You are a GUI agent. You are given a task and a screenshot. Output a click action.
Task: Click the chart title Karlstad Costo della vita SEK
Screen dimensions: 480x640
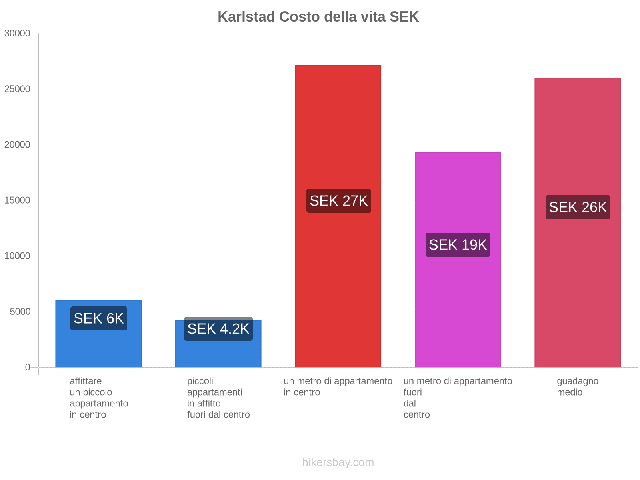[318, 17]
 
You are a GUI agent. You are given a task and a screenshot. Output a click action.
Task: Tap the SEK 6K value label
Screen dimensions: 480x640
[99, 318]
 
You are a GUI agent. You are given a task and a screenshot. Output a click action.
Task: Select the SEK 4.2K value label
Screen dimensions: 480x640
[218, 329]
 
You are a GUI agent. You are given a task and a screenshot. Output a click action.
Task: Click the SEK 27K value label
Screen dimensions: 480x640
[338, 201]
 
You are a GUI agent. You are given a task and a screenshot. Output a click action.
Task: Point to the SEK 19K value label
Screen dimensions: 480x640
[458, 245]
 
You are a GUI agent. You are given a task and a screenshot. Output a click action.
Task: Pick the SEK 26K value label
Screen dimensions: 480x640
[578, 207]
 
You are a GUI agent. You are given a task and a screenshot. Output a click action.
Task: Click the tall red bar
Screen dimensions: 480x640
[338, 120]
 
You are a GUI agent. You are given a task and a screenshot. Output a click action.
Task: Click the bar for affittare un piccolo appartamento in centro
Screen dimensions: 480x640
[98, 348]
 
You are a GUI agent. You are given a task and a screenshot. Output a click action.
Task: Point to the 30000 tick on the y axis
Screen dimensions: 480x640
[18, 34]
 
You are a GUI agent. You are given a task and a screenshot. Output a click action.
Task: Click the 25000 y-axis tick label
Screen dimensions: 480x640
[18, 89]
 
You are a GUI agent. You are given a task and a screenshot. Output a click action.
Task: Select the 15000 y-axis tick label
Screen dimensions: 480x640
[18, 200]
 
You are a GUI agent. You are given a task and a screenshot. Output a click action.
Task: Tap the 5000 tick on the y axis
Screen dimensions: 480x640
[20, 312]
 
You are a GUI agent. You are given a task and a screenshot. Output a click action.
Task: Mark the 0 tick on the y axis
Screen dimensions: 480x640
[28, 367]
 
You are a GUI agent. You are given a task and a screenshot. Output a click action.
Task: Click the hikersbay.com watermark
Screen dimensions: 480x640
[338, 462]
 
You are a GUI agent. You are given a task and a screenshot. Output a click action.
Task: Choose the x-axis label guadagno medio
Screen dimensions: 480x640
[578, 386]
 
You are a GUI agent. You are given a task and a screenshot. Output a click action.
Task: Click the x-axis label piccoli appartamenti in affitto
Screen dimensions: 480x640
[218, 398]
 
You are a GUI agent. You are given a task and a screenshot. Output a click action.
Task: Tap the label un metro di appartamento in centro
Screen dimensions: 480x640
[338, 386]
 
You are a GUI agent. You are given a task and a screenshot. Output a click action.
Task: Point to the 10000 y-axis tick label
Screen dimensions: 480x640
[18, 256]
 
